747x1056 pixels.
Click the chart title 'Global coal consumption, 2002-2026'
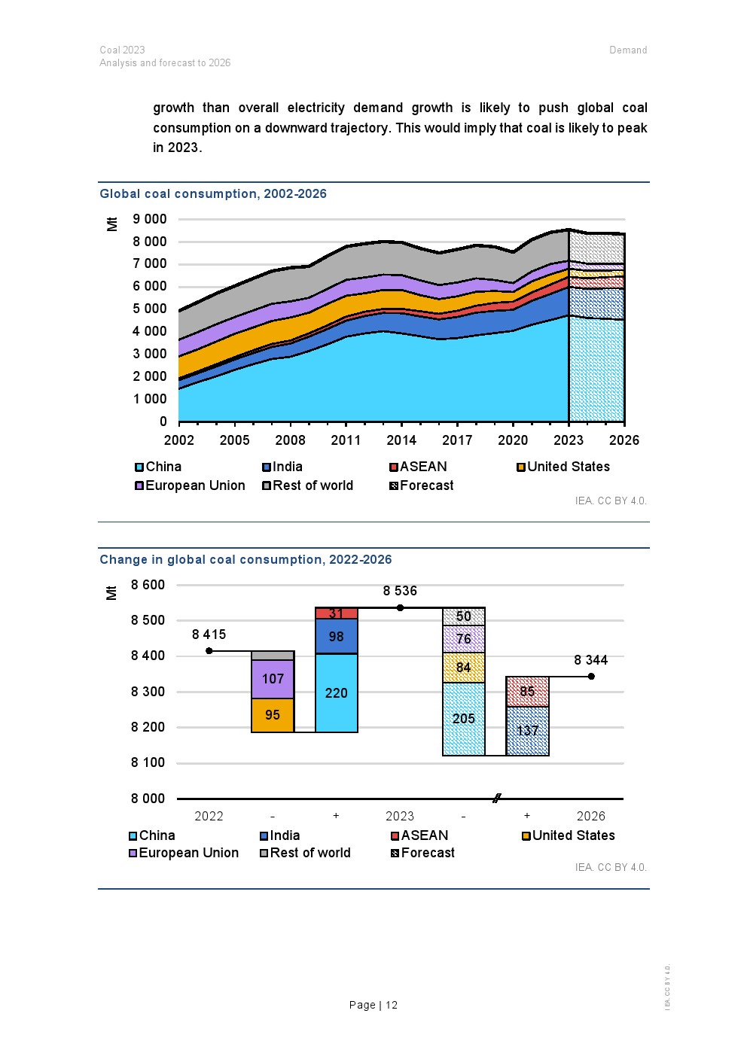(213, 193)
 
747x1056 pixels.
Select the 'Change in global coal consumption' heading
(245, 559)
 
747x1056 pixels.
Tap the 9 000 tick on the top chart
(150, 219)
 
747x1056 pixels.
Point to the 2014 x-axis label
(401, 440)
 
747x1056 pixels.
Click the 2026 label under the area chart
(624, 440)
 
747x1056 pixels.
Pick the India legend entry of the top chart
(283, 467)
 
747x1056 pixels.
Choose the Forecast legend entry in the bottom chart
(423, 853)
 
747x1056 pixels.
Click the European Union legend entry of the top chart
(191, 485)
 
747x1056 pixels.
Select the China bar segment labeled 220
(337, 693)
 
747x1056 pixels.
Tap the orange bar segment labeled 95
(273, 715)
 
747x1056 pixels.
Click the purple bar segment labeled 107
(273, 679)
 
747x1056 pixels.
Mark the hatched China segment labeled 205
(464, 719)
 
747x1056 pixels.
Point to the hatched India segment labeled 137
(527, 731)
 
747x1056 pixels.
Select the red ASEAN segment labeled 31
(337, 613)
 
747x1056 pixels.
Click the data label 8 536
(400, 591)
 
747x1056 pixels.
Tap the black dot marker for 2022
(209, 651)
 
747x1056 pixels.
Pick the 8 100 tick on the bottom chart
(148, 762)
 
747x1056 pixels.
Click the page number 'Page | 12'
(373, 1005)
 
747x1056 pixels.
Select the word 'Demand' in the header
(628, 50)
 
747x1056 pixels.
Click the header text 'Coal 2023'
(122, 50)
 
